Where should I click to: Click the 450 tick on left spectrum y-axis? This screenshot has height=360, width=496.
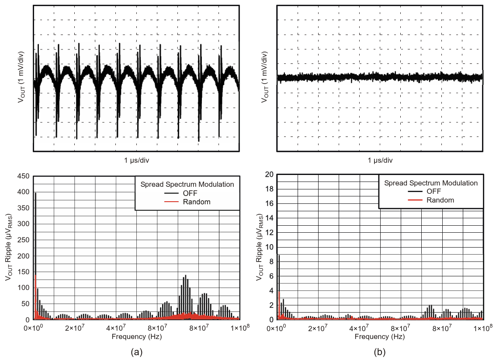pyautogui.click(x=24, y=176)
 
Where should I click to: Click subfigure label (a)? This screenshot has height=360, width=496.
pyautogui.click(x=136, y=351)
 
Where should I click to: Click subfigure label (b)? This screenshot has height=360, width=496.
pyautogui.click(x=380, y=351)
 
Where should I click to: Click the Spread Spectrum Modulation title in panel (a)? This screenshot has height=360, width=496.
pyautogui.click(x=187, y=184)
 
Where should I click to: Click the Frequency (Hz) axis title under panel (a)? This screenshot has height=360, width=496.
pyautogui.click(x=136, y=336)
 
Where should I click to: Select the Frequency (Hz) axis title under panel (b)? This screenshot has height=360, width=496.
pyautogui.click(x=380, y=336)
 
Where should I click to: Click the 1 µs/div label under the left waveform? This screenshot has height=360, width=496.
pyautogui.click(x=136, y=160)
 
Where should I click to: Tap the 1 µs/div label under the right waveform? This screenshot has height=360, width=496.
pyautogui.click(x=380, y=160)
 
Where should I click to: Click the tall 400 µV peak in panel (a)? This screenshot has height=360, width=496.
pyautogui.click(x=35, y=193)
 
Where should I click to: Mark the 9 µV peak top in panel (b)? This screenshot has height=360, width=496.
pyautogui.click(x=279, y=255)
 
